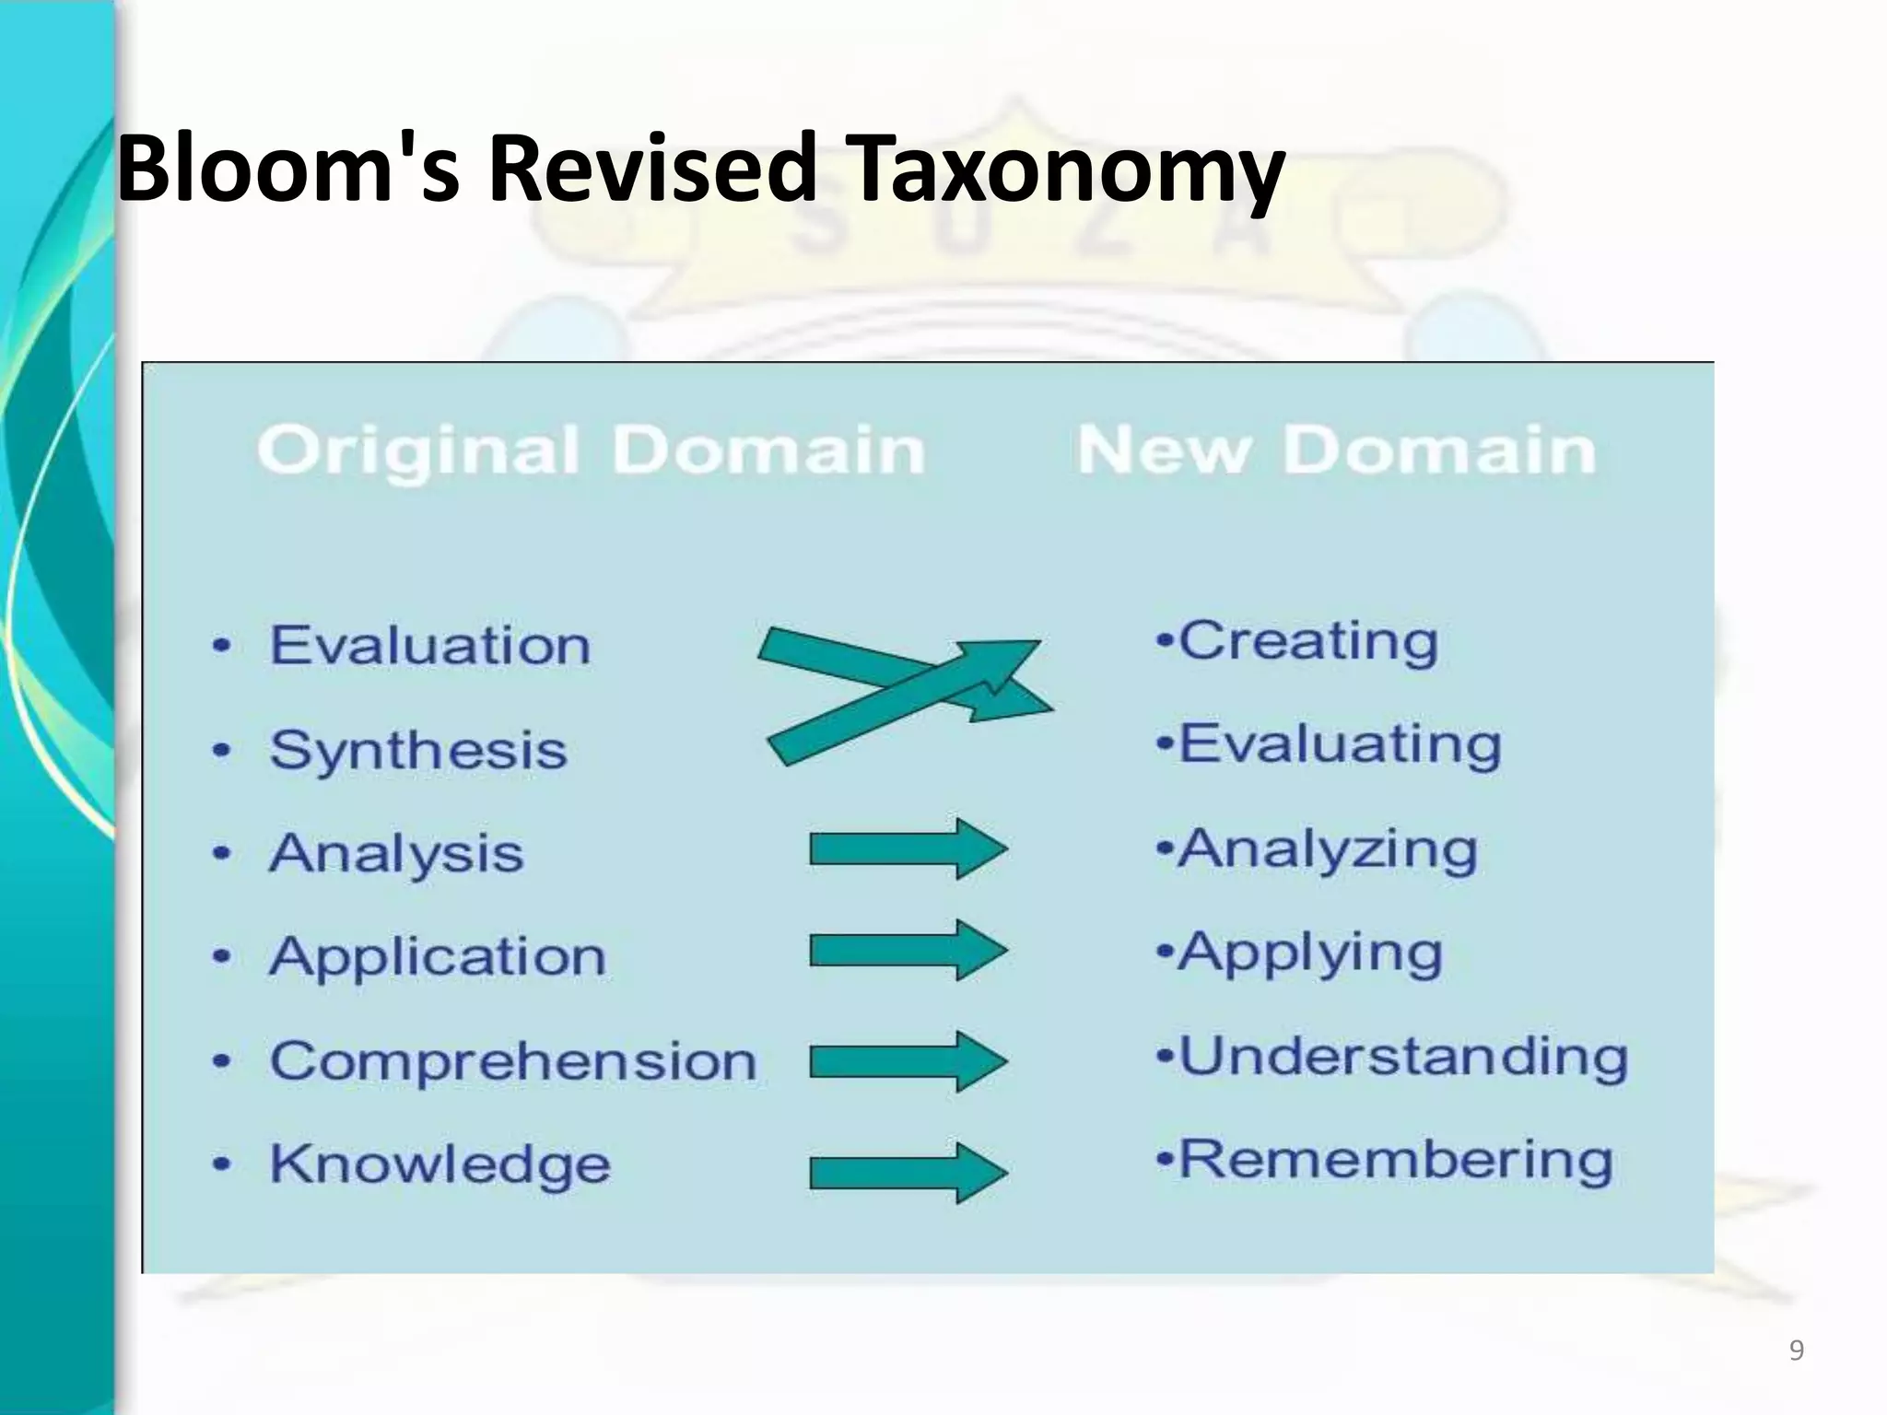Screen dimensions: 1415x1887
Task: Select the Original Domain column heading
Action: [591, 451]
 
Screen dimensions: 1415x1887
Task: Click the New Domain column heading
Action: [1336, 451]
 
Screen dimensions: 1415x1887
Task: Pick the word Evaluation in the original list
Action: [429, 645]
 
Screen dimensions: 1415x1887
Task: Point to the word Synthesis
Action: [417, 749]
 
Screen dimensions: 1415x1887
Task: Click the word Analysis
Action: [396, 853]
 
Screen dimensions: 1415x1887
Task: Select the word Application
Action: [438, 956]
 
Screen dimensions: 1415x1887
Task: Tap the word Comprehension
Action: [512, 1060]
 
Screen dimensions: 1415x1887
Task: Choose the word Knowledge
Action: [440, 1164]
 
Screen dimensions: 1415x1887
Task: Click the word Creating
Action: [1308, 641]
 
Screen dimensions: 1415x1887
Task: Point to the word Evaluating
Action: [1341, 744]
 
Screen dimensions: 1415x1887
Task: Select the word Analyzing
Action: [1329, 848]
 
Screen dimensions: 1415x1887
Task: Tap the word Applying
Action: [1310, 953]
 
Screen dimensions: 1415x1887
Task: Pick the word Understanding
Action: [1403, 1056]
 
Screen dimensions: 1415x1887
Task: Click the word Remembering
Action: [1396, 1159]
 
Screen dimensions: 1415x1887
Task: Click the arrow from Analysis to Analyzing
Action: [908, 848]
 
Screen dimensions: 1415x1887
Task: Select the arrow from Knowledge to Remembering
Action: [908, 1173]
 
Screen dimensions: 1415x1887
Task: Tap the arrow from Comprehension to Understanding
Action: [908, 1061]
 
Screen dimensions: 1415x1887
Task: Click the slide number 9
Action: [1796, 1351]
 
